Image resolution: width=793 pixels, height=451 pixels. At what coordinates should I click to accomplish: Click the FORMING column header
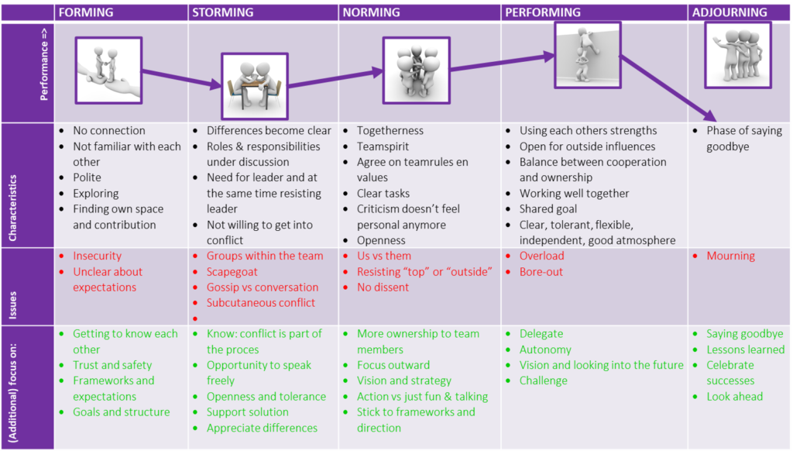click(x=86, y=12)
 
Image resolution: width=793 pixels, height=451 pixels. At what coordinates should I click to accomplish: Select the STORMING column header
click(x=222, y=12)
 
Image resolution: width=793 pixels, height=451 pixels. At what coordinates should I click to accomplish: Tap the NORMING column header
click(x=371, y=12)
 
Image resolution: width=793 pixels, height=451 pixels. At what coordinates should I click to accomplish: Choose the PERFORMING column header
click(x=543, y=12)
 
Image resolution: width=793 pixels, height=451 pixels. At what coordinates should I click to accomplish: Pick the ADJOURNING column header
click(x=729, y=12)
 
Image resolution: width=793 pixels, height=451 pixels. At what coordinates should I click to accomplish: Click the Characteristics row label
click(x=12, y=208)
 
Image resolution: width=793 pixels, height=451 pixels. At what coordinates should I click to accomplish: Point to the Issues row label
click(x=12, y=305)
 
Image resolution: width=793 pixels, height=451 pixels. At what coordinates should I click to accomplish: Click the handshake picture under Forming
click(x=108, y=71)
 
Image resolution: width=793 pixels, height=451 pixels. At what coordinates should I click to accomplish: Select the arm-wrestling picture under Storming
click(x=255, y=86)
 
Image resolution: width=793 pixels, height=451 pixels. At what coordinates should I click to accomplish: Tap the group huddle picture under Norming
click(x=416, y=71)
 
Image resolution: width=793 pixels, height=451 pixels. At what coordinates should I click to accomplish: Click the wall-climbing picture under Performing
click(x=587, y=55)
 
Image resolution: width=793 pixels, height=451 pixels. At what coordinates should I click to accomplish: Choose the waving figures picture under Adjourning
click(x=738, y=55)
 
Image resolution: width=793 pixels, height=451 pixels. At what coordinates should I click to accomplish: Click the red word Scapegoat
click(x=232, y=272)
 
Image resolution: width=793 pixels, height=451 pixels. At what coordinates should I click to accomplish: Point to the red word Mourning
click(x=730, y=256)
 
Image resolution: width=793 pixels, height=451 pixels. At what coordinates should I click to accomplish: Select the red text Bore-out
click(x=541, y=272)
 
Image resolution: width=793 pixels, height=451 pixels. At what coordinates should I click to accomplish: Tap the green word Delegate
click(x=541, y=334)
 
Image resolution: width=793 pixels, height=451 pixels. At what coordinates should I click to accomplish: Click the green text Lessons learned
click(x=746, y=349)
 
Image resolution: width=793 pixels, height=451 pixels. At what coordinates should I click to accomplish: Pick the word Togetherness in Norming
click(x=390, y=131)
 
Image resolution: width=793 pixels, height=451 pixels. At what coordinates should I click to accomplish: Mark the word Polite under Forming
click(x=87, y=177)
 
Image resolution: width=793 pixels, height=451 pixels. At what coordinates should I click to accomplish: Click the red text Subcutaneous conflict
click(x=260, y=303)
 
